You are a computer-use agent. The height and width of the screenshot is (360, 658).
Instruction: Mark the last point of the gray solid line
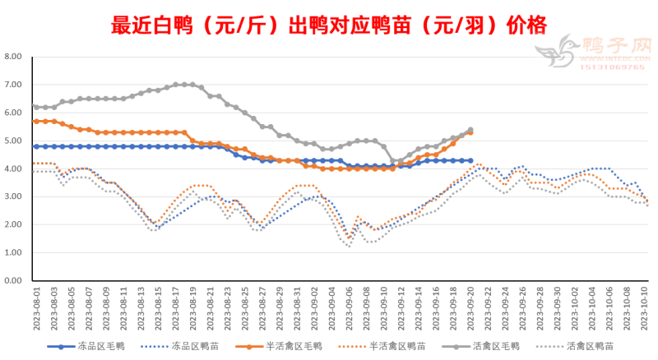pos(470,130)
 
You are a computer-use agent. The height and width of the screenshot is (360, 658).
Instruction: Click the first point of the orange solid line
pos(35,121)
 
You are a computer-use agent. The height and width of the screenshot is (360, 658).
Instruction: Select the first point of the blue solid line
pos(35,146)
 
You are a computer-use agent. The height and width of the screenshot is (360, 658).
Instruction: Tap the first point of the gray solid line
pos(35,106)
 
